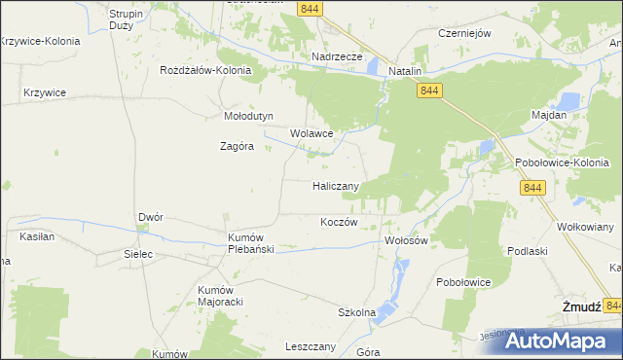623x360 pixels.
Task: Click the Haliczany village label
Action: tap(337, 186)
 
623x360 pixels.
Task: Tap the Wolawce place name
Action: tap(312, 134)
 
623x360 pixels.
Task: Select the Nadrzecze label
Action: tap(337, 57)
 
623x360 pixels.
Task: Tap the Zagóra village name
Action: tap(236, 147)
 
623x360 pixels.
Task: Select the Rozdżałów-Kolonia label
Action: tap(206, 71)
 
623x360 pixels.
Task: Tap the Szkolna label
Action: tap(356, 313)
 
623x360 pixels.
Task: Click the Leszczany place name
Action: tap(311, 346)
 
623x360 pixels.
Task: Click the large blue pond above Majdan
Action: tap(568, 99)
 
